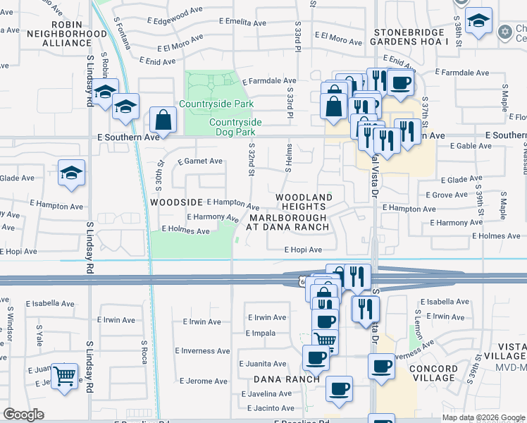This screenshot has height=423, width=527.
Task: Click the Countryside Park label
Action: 216,104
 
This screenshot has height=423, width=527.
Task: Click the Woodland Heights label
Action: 303,202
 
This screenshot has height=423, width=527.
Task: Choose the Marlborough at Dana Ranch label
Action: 288,222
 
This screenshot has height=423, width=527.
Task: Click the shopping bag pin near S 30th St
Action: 163,120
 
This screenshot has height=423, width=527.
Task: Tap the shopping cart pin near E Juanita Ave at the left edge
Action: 65,376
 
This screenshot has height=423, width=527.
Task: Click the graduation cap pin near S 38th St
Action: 478,21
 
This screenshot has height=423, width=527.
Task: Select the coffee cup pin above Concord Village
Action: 381,366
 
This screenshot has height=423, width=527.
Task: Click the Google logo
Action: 23,415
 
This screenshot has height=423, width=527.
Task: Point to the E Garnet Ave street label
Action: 200,161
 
